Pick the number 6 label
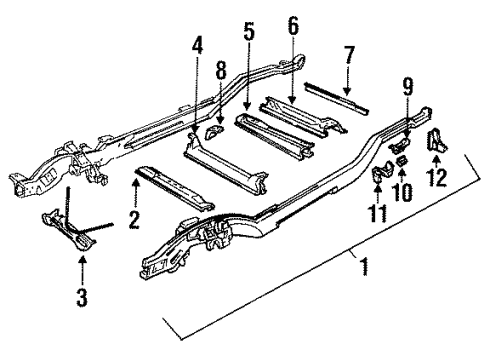(x=292, y=28)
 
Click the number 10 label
(x=405, y=187)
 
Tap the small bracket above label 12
(x=437, y=142)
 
